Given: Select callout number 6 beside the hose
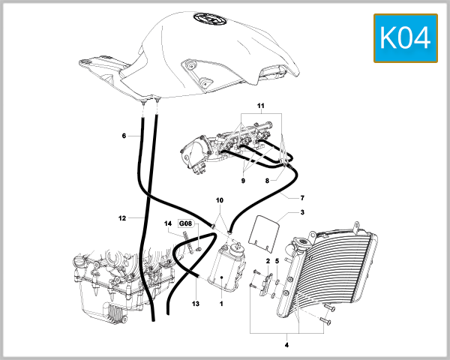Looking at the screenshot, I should pyautogui.click(x=124, y=136).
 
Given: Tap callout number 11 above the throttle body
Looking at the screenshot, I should pyautogui.click(x=260, y=107).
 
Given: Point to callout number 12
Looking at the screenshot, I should pyautogui.click(x=121, y=218).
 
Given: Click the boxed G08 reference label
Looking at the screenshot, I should pyautogui.click(x=185, y=223).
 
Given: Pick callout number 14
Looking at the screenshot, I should pyautogui.click(x=168, y=223).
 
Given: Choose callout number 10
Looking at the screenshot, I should pyautogui.click(x=220, y=201).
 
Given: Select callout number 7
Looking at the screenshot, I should pyautogui.click(x=302, y=198).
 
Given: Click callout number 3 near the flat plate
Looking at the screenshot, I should pyautogui.click(x=302, y=214).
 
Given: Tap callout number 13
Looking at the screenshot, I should pyautogui.click(x=196, y=303).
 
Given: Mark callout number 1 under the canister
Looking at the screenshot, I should pyautogui.click(x=222, y=304).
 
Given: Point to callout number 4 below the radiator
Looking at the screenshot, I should pyautogui.click(x=287, y=345).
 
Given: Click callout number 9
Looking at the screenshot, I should pyautogui.click(x=243, y=180).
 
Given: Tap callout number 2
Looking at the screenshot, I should pyautogui.click(x=267, y=260).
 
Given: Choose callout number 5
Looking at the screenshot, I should pyautogui.click(x=277, y=260).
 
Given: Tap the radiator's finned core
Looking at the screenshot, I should pyautogui.click(x=334, y=270).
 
